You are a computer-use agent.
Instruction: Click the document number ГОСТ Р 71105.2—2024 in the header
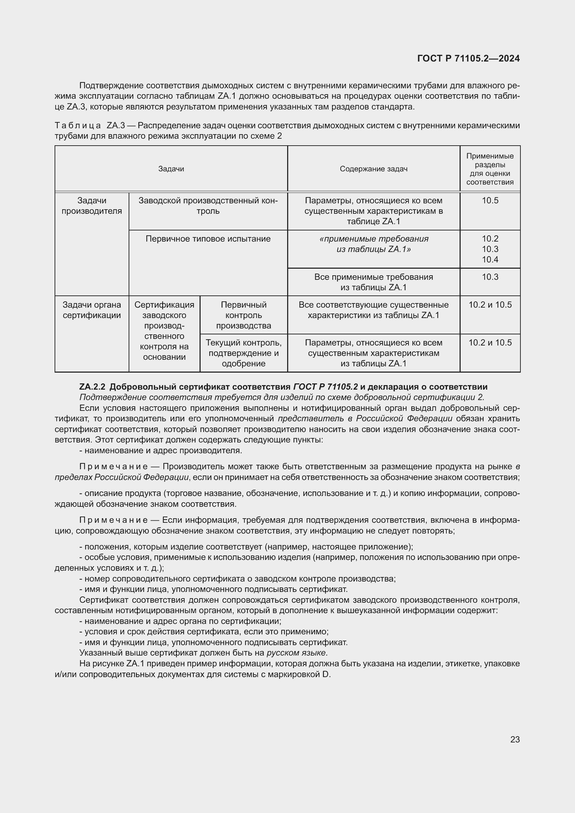[468, 59]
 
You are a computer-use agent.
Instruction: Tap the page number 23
[515, 739]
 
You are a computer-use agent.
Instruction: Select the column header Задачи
[171, 169]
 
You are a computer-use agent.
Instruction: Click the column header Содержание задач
[373, 169]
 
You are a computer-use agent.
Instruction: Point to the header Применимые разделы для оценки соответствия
[490, 169]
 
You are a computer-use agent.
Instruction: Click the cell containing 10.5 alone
[490, 201]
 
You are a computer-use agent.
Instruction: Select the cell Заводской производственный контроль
[208, 206]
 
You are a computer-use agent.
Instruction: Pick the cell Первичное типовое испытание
[208, 239]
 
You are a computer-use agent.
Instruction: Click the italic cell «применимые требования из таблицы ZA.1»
[373, 244]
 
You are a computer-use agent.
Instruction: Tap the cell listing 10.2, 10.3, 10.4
[490, 249]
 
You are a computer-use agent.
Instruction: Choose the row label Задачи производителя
[92, 206]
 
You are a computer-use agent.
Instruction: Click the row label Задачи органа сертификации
[92, 310]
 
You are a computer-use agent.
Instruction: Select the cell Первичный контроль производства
[244, 315]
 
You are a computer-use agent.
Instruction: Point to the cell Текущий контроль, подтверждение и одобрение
[244, 353]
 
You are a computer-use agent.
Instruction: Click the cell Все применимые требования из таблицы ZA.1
[373, 282]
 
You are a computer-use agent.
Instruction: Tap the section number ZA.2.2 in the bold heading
[92, 387]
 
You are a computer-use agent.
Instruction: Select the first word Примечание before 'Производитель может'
[113, 467]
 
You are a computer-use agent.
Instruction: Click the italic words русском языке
[297, 653]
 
